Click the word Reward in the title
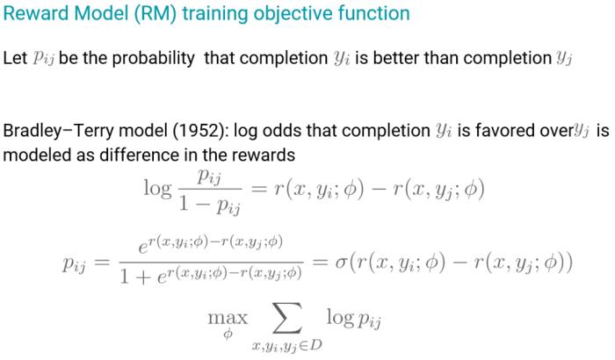36,13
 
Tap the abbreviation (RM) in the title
155,13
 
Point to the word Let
15,58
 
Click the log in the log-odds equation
157,189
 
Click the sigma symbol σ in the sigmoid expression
340,263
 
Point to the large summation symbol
287,318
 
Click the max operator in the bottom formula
228,317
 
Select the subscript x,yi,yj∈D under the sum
287,345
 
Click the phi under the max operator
228,334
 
